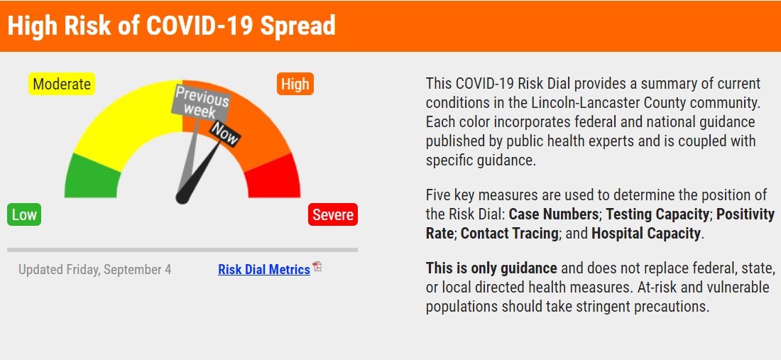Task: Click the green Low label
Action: (x=24, y=214)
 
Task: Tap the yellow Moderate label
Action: (x=62, y=84)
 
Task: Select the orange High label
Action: (x=295, y=84)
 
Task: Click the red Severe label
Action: (x=332, y=214)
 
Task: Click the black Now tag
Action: (x=225, y=133)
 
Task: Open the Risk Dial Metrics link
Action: (x=264, y=270)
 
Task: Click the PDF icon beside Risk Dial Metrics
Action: (x=317, y=267)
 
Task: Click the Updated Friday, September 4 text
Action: (x=94, y=270)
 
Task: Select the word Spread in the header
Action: (x=297, y=26)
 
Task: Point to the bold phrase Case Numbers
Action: (x=554, y=214)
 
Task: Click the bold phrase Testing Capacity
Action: (x=657, y=214)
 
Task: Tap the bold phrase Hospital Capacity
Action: (x=646, y=233)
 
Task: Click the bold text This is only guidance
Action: (x=491, y=268)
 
